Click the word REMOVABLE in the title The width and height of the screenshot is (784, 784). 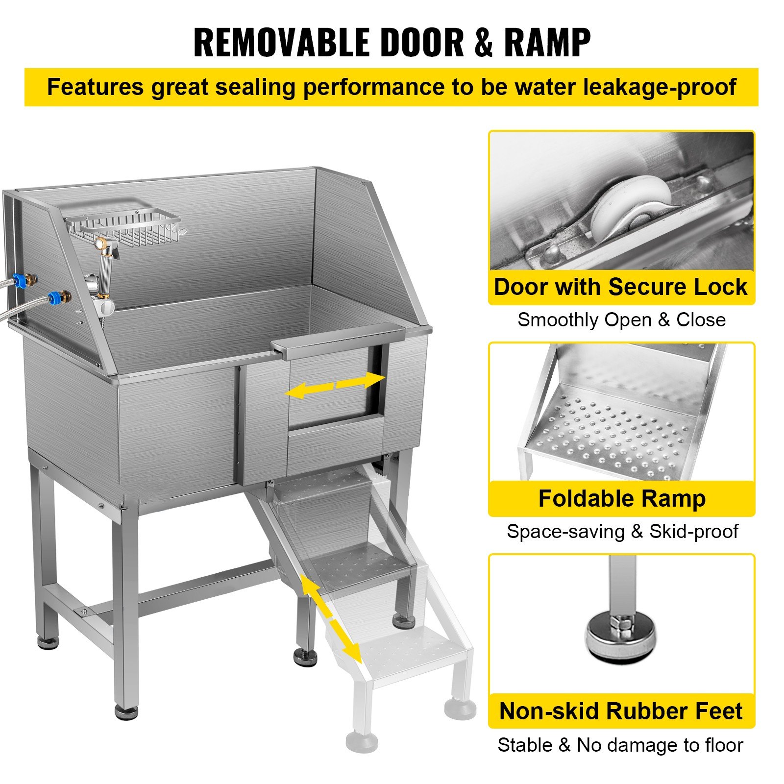tap(282, 43)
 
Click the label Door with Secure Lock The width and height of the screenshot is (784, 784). tap(620, 287)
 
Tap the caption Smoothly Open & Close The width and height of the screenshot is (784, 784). tap(621, 320)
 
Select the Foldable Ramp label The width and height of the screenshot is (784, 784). tap(621, 499)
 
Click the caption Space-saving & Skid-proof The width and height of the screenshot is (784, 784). tap(622, 532)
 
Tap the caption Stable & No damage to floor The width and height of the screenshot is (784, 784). tap(620, 745)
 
